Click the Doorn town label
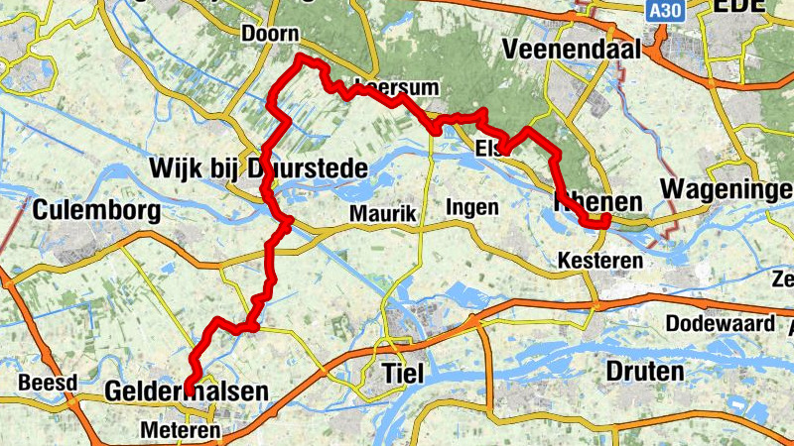point(270,34)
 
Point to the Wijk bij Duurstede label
point(257,167)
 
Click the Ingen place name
point(471,207)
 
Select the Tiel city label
point(403,373)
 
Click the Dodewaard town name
point(719,324)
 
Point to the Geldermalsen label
point(186,392)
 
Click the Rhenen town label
point(596,202)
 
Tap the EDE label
point(739,6)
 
